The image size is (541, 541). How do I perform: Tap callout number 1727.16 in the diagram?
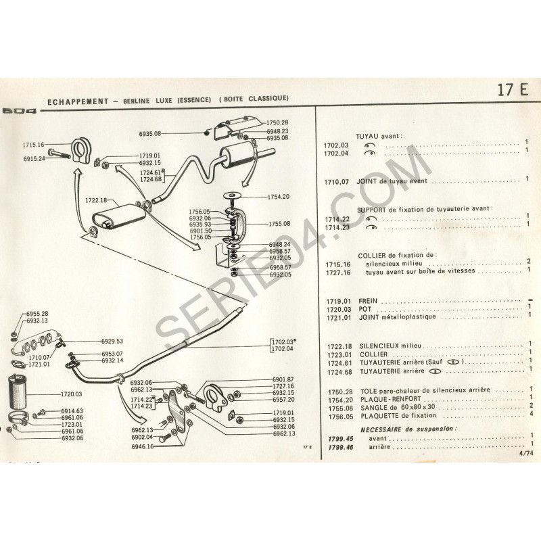283,385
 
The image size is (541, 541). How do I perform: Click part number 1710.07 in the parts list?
336,181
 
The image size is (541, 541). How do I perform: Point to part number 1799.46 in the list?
336,448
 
